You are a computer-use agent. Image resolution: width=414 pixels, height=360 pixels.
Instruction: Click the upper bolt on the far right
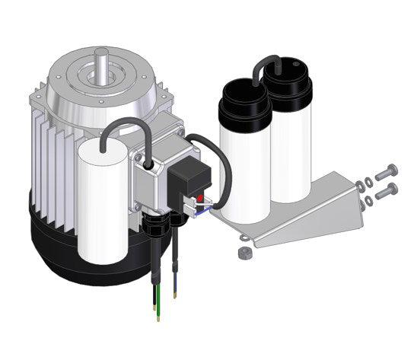(x=387, y=171)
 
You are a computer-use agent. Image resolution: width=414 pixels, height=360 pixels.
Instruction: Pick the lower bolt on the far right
(x=387, y=189)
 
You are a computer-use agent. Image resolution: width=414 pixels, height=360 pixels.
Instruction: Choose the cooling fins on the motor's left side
(x=49, y=152)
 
